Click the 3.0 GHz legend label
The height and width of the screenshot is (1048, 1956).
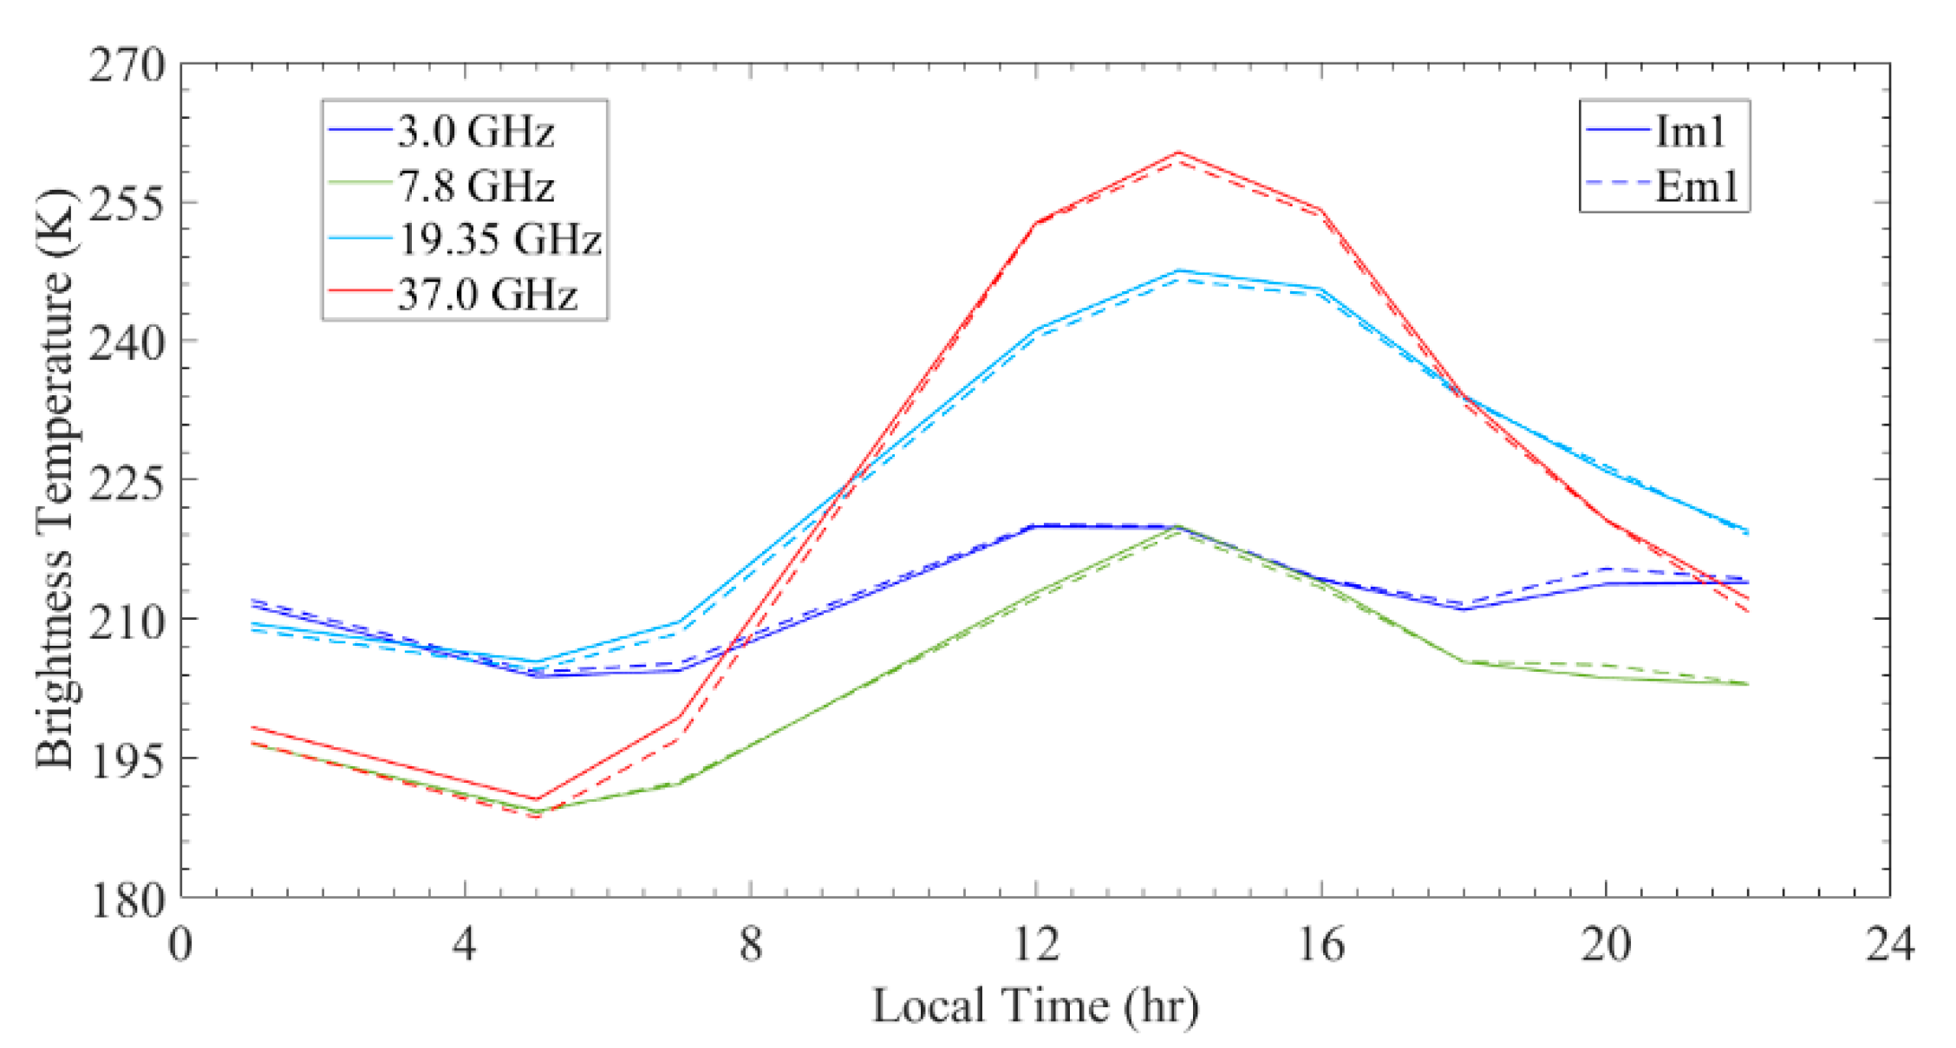(475, 132)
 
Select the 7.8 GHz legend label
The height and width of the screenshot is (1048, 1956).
(475, 186)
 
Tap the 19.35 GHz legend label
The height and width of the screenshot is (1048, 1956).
(499, 240)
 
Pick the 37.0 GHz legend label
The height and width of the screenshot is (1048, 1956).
(486, 295)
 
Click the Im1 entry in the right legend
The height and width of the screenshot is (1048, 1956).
(1690, 132)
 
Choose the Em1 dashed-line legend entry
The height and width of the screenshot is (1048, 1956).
(1695, 186)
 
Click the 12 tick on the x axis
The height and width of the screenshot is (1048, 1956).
(1036, 944)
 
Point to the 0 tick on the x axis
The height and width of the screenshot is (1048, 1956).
(180, 944)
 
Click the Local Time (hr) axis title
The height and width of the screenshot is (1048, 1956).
(1035, 1006)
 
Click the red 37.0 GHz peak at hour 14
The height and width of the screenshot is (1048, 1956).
(1178, 153)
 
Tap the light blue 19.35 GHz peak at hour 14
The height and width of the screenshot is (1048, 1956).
(1178, 270)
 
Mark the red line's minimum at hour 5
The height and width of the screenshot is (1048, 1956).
(537, 799)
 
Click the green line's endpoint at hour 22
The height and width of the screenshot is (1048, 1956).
(1748, 684)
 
